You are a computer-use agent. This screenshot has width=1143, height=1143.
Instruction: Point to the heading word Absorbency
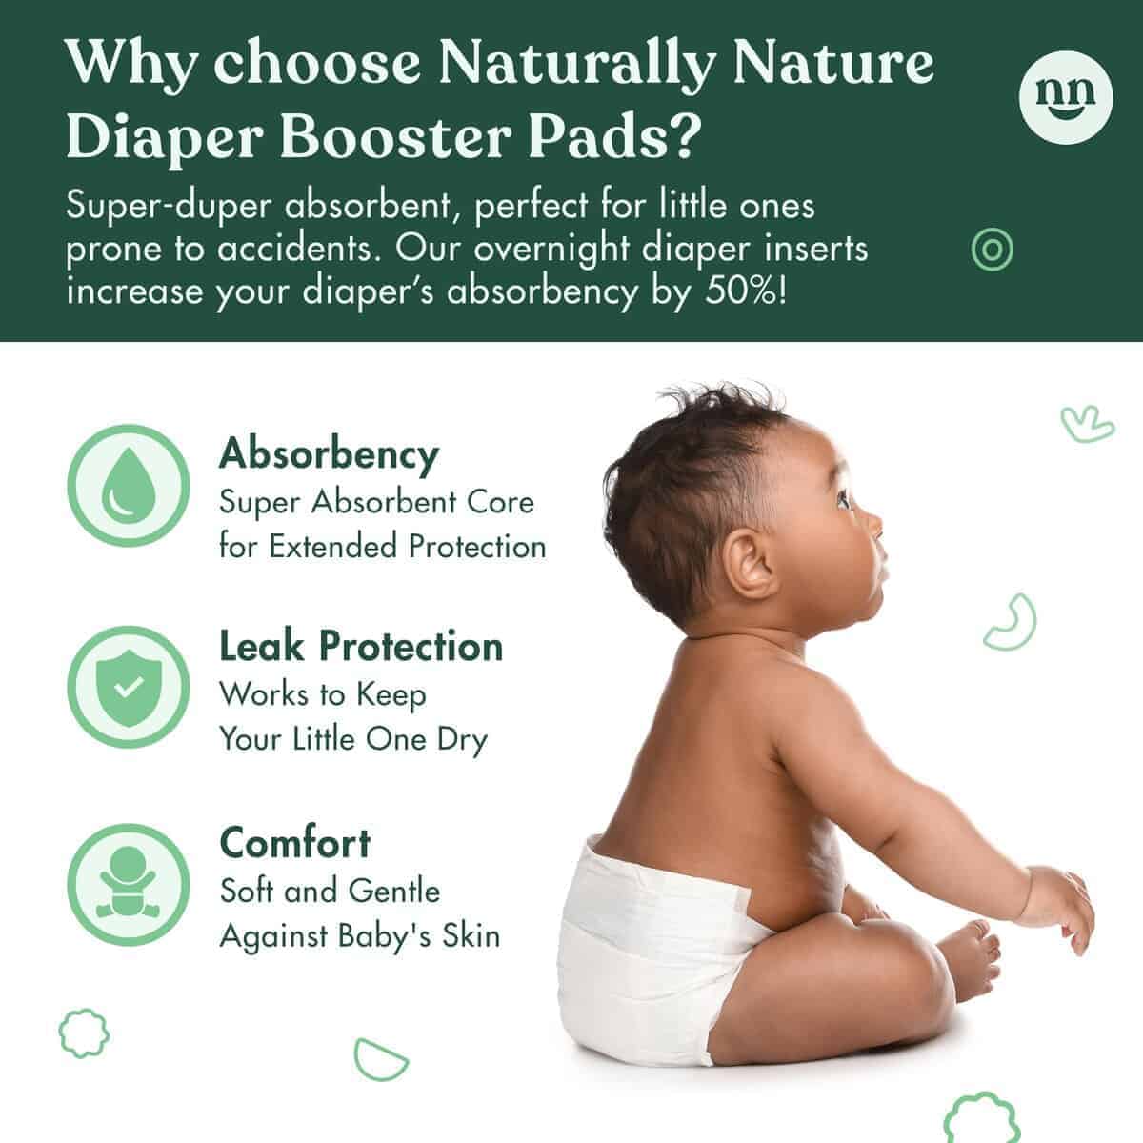click(329, 454)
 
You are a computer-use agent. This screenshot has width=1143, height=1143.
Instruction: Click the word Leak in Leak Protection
click(260, 647)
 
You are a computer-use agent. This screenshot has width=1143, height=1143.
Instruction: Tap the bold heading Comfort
click(294, 843)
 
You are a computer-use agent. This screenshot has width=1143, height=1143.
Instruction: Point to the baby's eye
click(844, 499)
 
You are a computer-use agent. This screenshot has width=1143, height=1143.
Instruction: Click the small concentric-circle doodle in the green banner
click(992, 250)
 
